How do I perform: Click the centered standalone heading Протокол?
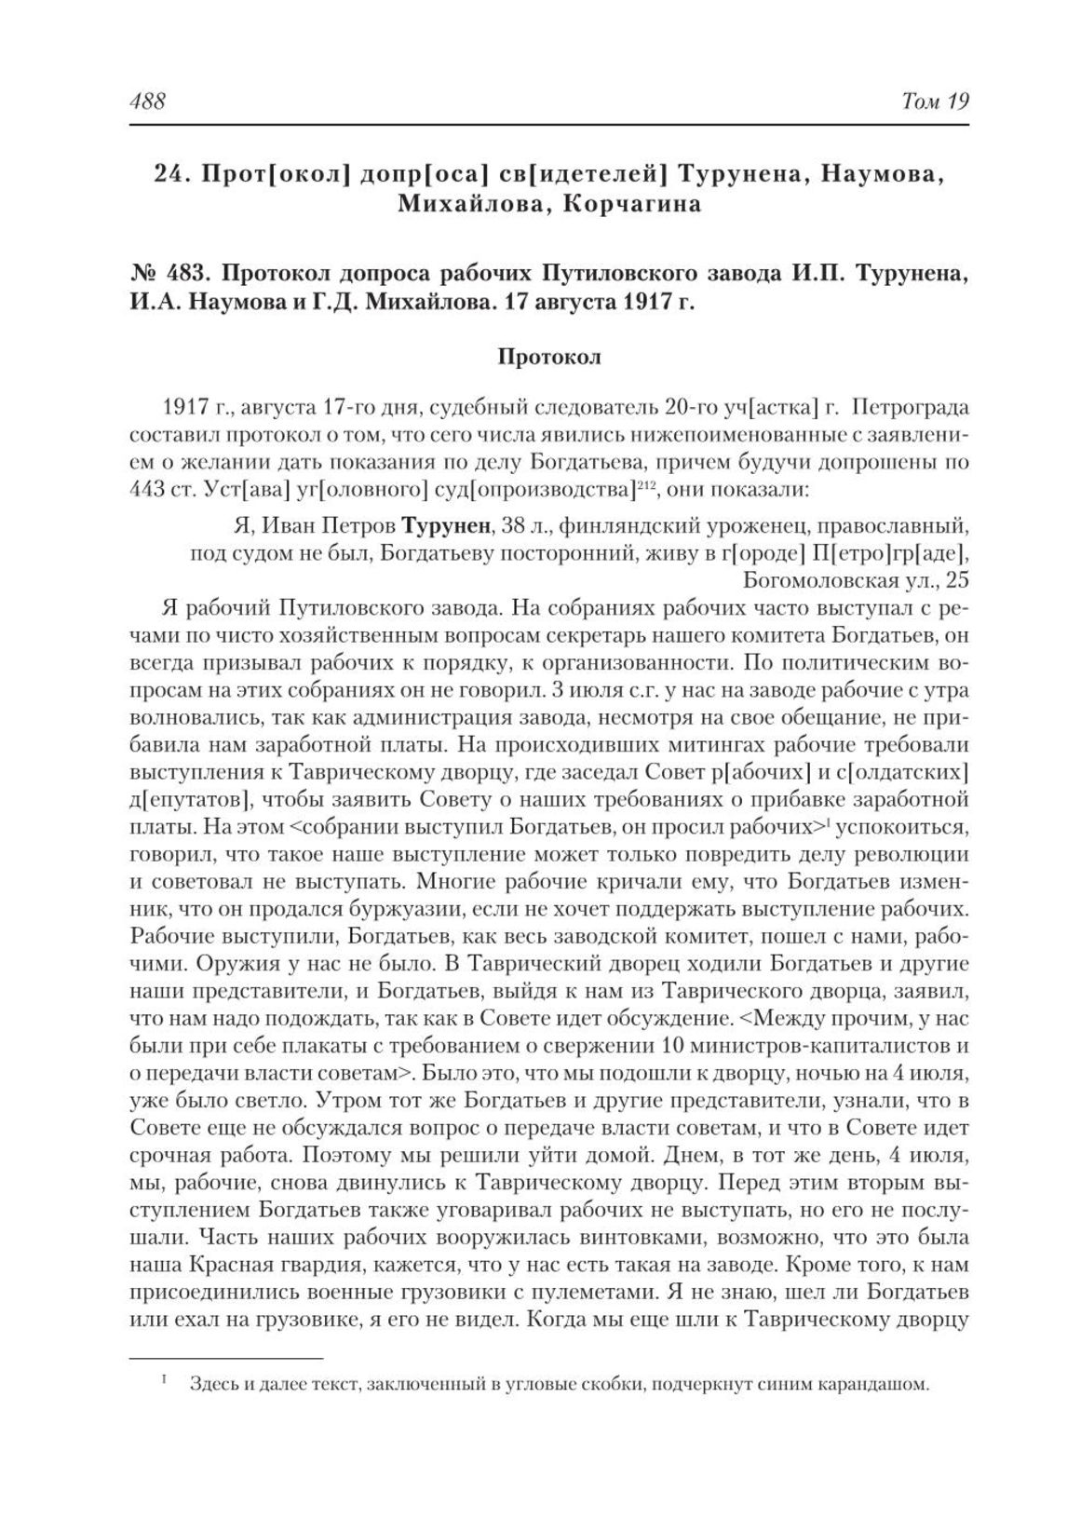click(x=549, y=357)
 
